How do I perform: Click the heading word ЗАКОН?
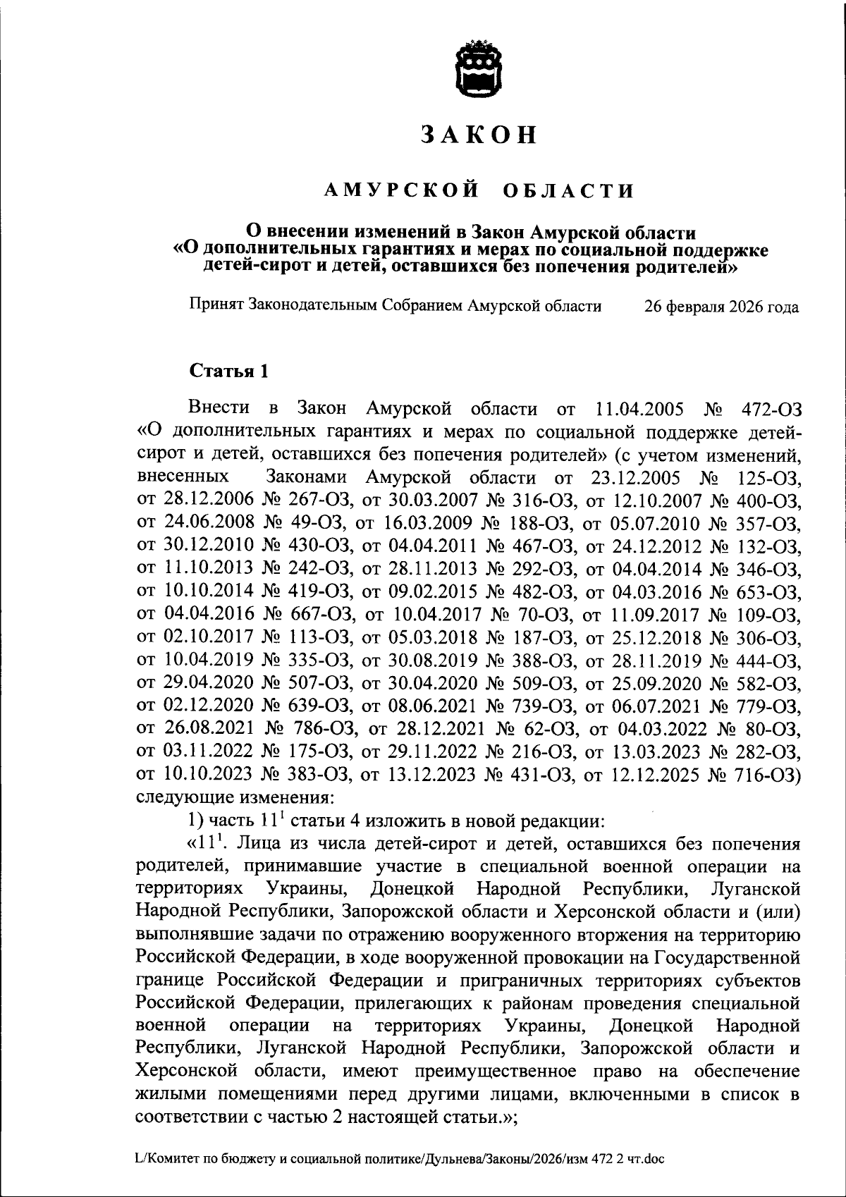[x=479, y=135]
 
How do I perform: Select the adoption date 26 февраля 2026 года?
[x=722, y=307]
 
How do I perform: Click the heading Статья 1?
[x=228, y=372]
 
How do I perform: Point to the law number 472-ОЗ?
[x=772, y=409]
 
